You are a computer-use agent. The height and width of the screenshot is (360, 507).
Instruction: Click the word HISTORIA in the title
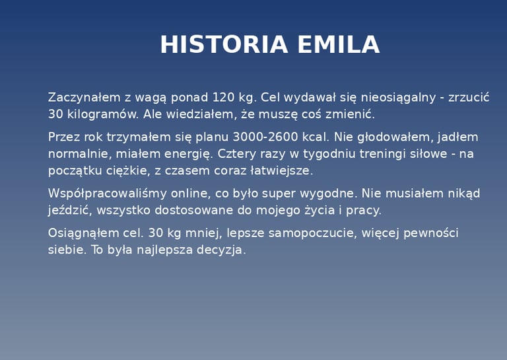(224, 44)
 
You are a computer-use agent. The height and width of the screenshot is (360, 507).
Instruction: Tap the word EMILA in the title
(339, 44)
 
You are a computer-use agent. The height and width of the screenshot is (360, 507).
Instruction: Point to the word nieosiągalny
(398, 98)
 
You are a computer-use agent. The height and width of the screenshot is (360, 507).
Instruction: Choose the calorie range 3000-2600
(265, 137)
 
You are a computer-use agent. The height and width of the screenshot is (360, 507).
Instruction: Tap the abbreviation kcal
(316, 137)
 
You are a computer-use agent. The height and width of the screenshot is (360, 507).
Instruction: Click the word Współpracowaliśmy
(108, 194)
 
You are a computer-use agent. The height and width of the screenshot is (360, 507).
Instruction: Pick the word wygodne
(329, 194)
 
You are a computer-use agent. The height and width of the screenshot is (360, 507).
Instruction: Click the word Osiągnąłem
(83, 234)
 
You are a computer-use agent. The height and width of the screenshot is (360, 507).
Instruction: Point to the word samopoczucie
(313, 234)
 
